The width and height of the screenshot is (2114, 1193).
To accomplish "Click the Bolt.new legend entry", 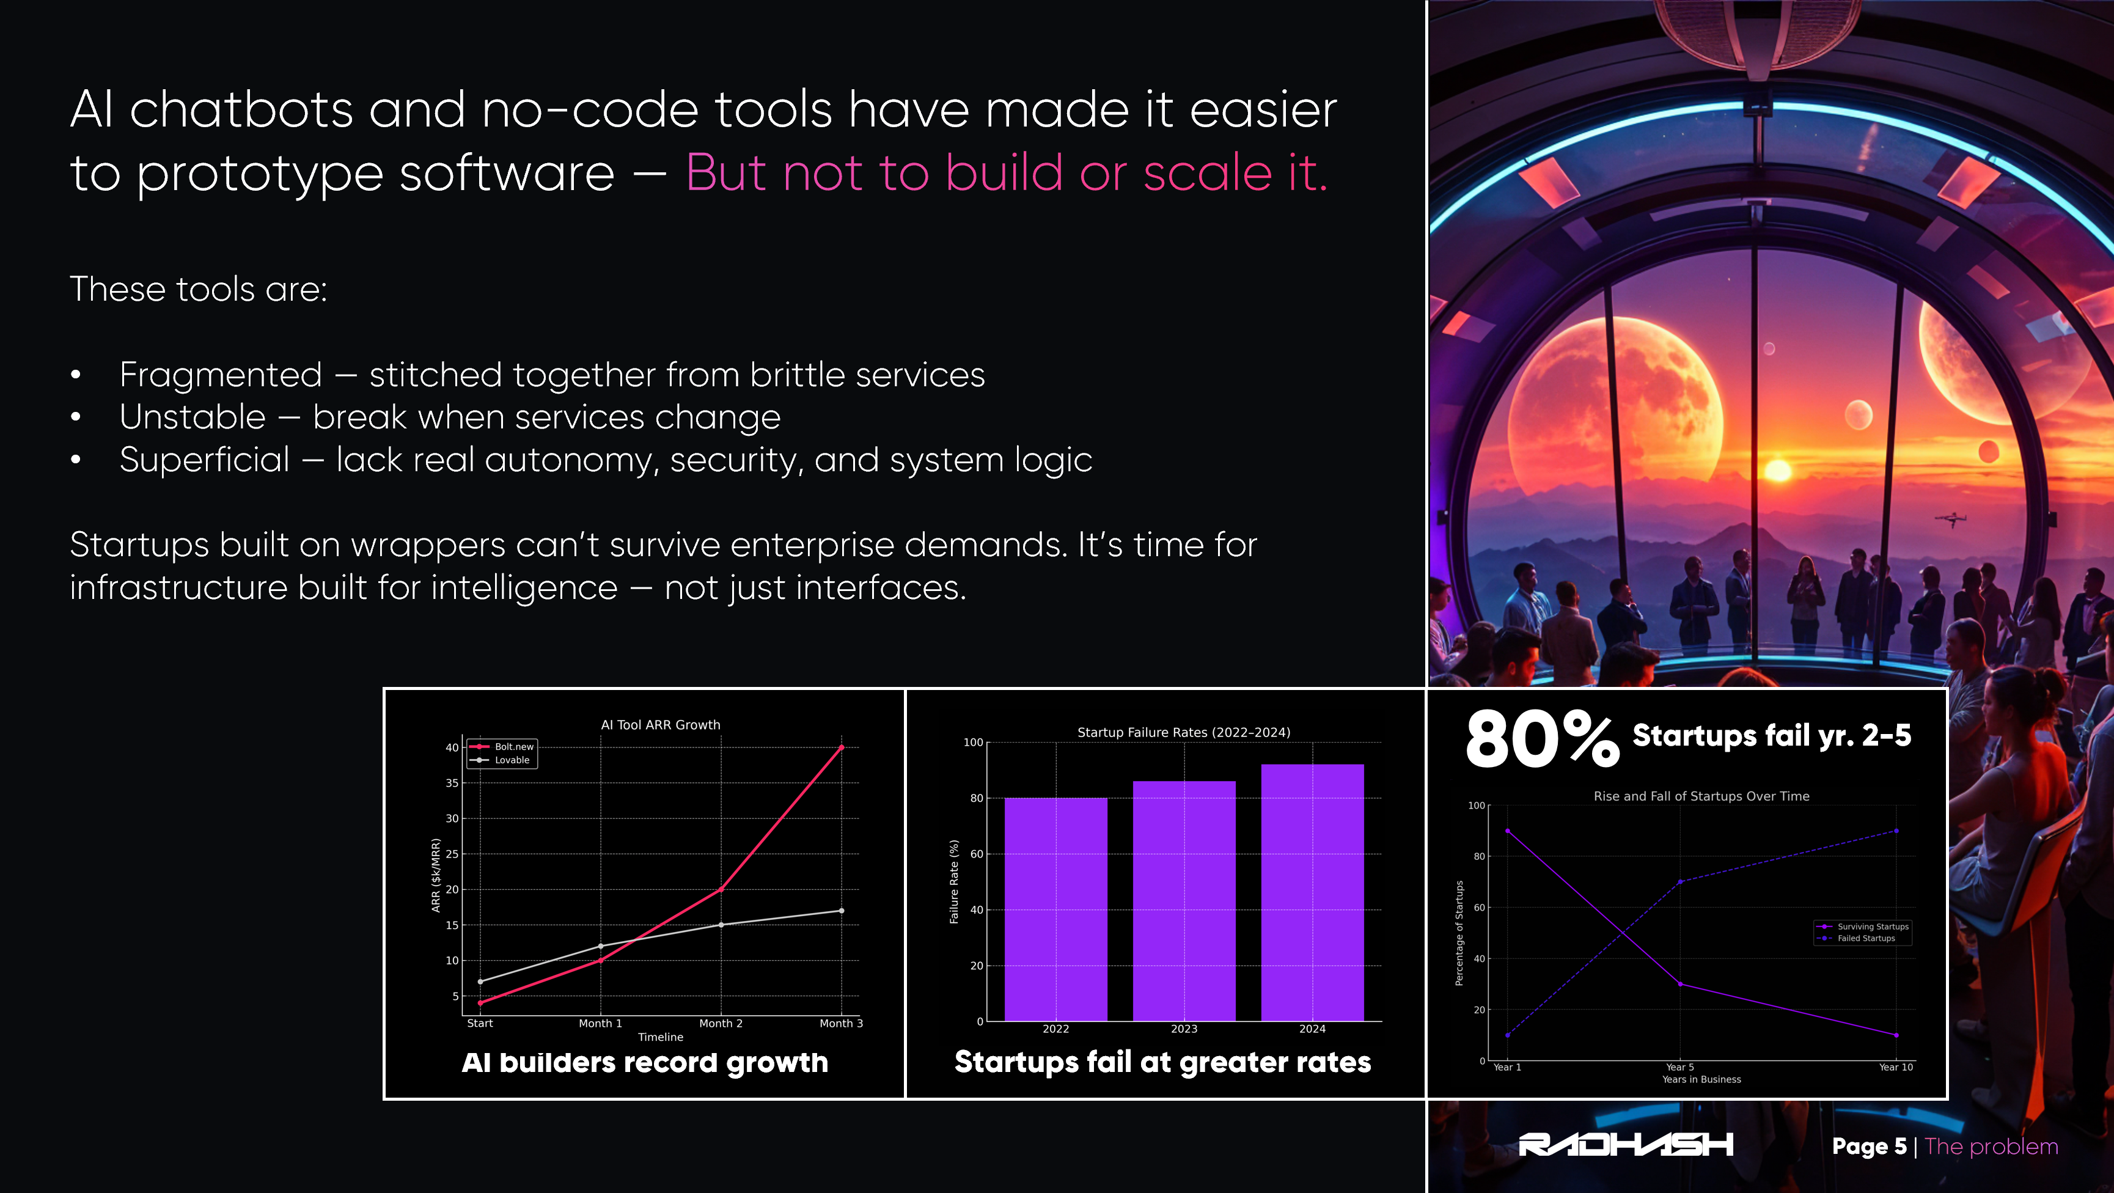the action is pos(501,747).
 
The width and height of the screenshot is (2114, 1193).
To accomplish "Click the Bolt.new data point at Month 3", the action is pos(841,747).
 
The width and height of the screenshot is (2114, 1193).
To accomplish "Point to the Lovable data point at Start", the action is pos(480,982).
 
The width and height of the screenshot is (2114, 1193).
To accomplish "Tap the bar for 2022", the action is pos(1055,909).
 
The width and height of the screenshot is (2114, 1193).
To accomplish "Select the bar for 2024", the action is pos(1312,893).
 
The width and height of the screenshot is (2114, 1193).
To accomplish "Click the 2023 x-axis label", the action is pos(1183,1029).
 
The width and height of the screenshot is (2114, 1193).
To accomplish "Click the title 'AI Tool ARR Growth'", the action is pos(661,724).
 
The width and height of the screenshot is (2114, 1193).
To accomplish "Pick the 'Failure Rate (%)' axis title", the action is pos(953,881).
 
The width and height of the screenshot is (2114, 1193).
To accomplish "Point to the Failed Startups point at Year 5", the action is pos(1680,882).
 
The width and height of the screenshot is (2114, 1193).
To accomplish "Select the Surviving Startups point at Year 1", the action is pos(1508,831).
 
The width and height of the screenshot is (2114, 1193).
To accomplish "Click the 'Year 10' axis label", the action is pos(1896,1066).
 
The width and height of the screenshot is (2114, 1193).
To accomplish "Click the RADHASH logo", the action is pos(1626,1145).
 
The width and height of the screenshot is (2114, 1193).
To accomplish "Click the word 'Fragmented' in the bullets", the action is pos(221,375).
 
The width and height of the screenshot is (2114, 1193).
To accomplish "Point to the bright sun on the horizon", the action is pos(1777,470).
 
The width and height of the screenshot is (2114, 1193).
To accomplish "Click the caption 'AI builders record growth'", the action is pos(645,1063).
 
